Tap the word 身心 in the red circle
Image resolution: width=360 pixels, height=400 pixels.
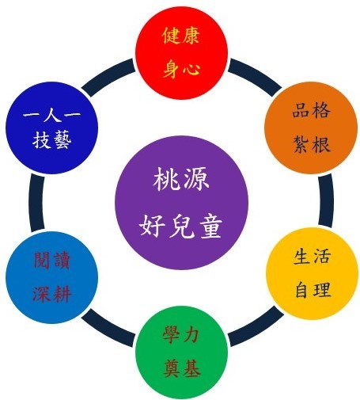click(181, 69)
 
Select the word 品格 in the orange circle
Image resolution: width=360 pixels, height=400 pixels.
click(311, 110)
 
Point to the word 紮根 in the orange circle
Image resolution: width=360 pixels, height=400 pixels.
click(312, 144)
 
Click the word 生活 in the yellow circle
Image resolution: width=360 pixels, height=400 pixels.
click(312, 256)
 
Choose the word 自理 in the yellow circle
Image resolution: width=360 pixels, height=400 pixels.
click(313, 289)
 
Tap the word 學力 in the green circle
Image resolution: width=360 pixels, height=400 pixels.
click(180, 334)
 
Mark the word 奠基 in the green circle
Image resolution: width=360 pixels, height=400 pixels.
click(182, 368)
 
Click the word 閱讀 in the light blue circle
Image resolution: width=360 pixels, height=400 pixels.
click(51, 260)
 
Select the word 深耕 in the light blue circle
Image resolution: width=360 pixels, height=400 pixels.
click(52, 294)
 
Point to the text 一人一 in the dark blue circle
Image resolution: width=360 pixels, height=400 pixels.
click(51, 115)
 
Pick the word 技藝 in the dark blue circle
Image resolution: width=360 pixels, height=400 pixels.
click(52, 139)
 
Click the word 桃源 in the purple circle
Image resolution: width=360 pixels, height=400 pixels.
click(181, 180)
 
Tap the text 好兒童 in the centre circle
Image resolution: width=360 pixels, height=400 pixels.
click(181, 226)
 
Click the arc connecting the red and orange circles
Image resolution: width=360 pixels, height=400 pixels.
click(256, 76)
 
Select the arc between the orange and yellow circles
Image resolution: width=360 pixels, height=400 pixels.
click(326, 200)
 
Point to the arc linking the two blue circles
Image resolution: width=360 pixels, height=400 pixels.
click(36, 202)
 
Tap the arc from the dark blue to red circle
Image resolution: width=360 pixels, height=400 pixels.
click(108, 76)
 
